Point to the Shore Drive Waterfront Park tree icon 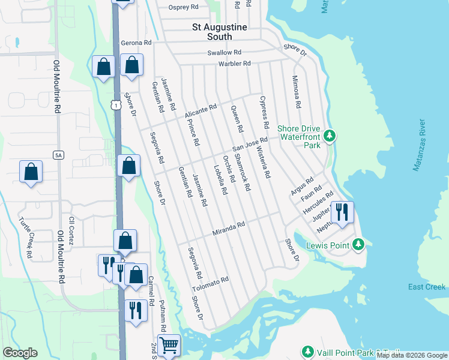point(329,136)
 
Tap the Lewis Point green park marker point(358,244)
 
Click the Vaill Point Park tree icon point(308,351)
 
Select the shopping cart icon point(169,344)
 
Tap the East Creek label point(427,287)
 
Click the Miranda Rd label point(229,229)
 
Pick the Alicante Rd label point(200,111)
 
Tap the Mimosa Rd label point(296,92)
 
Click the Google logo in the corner point(20,353)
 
